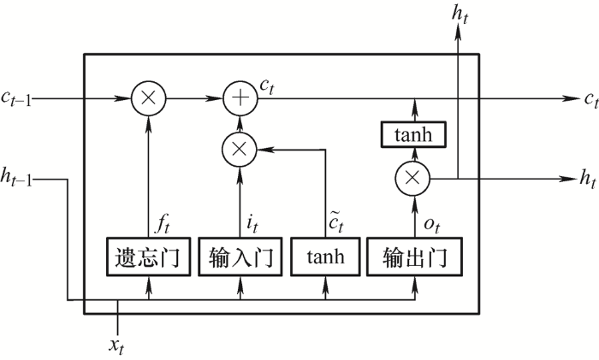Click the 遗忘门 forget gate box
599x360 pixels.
point(148,257)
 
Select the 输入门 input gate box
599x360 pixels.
point(240,257)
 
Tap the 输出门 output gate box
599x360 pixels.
point(414,257)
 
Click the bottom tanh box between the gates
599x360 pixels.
point(325,257)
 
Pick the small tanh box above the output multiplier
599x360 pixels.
point(413,134)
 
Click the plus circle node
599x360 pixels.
point(240,98)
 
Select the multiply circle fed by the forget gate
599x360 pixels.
point(149,98)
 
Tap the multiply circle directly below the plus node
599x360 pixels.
point(240,150)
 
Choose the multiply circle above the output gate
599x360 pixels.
point(412,178)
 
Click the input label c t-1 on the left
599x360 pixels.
point(16,98)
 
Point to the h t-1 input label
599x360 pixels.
point(16,177)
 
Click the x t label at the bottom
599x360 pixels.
point(116,346)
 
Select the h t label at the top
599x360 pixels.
point(460,15)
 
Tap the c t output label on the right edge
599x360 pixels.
point(591,100)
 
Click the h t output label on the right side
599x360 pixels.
point(588,178)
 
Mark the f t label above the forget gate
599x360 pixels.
point(162,223)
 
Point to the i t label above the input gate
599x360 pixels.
point(252,223)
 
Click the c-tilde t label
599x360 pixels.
point(336,221)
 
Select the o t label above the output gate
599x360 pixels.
point(432,225)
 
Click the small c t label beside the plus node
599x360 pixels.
point(267,86)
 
